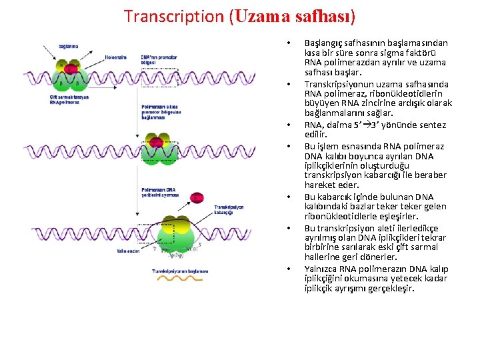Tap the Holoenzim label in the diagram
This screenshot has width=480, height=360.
(x=115, y=57)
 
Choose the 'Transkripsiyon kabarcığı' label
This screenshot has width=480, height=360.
(x=229, y=209)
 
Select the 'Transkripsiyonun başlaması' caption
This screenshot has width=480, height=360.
(x=180, y=271)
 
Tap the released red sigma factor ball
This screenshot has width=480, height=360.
(x=197, y=197)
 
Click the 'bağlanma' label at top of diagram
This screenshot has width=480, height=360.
(x=68, y=46)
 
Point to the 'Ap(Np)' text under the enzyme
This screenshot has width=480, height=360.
(x=175, y=255)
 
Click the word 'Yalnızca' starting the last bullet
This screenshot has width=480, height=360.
(x=321, y=269)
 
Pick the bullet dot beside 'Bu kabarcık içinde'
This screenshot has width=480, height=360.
(x=287, y=197)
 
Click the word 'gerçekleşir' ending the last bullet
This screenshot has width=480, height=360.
(x=391, y=289)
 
